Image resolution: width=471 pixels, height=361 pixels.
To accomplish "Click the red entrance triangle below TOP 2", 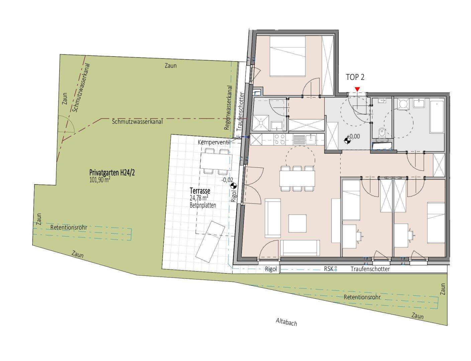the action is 357,89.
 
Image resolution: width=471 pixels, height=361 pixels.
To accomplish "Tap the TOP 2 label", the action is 355,77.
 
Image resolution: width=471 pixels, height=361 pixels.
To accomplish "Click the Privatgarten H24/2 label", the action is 112,172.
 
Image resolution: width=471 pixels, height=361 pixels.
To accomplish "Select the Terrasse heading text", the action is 200,191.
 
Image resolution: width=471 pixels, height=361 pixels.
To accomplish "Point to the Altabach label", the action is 286,322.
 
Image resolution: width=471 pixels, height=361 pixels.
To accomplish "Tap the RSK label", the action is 328,269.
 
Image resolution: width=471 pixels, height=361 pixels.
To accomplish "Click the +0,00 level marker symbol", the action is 347,140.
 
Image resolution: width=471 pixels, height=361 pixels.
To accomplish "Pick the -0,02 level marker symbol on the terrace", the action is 233,186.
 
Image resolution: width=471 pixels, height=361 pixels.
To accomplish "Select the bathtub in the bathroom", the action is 437,116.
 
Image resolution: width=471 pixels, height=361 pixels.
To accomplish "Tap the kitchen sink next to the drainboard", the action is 311,139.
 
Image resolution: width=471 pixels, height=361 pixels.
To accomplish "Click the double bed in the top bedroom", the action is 287,56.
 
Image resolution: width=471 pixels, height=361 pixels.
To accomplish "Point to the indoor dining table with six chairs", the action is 297,178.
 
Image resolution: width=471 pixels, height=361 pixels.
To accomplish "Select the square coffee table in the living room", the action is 297,223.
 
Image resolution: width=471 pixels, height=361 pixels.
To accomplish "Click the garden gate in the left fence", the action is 66,124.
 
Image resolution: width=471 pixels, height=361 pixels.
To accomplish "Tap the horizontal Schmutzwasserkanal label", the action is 137,122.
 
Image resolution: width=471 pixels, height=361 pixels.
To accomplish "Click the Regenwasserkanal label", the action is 229,108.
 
